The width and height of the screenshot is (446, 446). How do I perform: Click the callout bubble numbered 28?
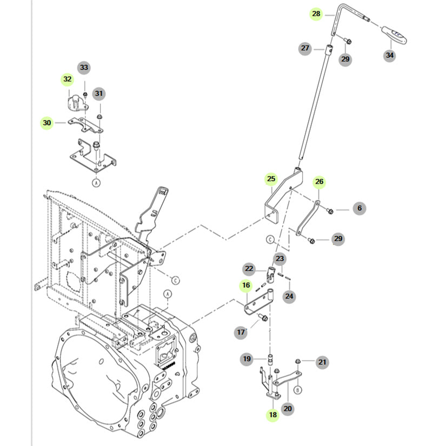(x=316, y=14)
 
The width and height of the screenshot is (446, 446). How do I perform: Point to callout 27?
(x=305, y=49)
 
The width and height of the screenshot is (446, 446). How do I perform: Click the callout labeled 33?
(x=84, y=68)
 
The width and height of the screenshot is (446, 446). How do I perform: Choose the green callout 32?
(x=67, y=79)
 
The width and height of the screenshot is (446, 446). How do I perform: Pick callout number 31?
(x=98, y=94)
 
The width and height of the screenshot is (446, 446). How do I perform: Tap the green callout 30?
(x=47, y=123)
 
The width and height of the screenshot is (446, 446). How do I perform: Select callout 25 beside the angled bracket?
(x=271, y=178)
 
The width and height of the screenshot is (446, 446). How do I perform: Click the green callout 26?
(x=319, y=182)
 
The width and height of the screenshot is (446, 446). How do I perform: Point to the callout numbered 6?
(x=359, y=208)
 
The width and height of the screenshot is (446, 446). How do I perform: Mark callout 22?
(x=249, y=269)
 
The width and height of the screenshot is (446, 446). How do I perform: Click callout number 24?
(x=289, y=296)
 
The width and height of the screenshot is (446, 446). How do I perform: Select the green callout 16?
(x=247, y=285)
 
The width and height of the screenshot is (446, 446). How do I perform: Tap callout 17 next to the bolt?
(x=241, y=332)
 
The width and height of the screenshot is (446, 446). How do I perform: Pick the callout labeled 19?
(x=247, y=358)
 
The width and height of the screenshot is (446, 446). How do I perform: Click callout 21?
(x=322, y=362)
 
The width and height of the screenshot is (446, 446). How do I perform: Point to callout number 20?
(x=288, y=408)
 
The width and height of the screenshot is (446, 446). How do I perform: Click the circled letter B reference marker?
(x=297, y=389)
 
